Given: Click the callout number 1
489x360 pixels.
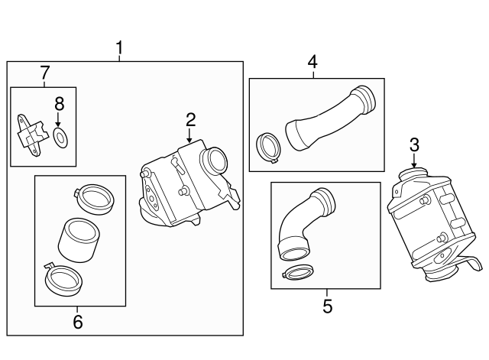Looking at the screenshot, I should [x=119, y=49].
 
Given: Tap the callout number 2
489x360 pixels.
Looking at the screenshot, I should [x=190, y=118].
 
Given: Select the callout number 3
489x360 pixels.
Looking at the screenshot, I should [x=414, y=144].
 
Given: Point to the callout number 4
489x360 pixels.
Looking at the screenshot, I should [x=312, y=61].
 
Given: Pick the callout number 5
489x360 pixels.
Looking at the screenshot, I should [x=327, y=306].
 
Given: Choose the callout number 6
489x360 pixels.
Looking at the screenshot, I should [x=77, y=322].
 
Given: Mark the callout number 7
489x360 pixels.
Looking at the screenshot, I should [x=44, y=73].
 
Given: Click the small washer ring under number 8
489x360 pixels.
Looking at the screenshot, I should [x=60, y=138].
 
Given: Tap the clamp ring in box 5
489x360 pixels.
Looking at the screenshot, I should [x=298, y=271].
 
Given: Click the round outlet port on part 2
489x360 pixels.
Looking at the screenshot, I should [x=214, y=164].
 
